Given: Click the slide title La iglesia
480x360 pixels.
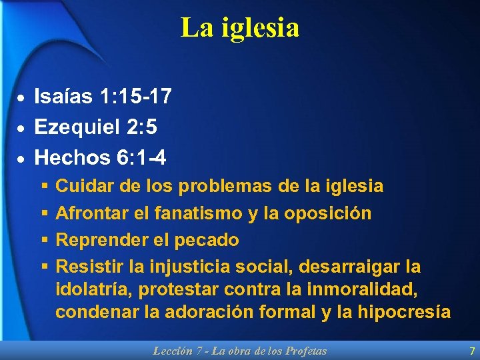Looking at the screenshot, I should [240, 28].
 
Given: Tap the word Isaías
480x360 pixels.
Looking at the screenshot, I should [63, 97].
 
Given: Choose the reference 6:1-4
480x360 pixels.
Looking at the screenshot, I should [142, 157].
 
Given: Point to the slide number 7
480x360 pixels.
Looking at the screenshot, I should [472, 351].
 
